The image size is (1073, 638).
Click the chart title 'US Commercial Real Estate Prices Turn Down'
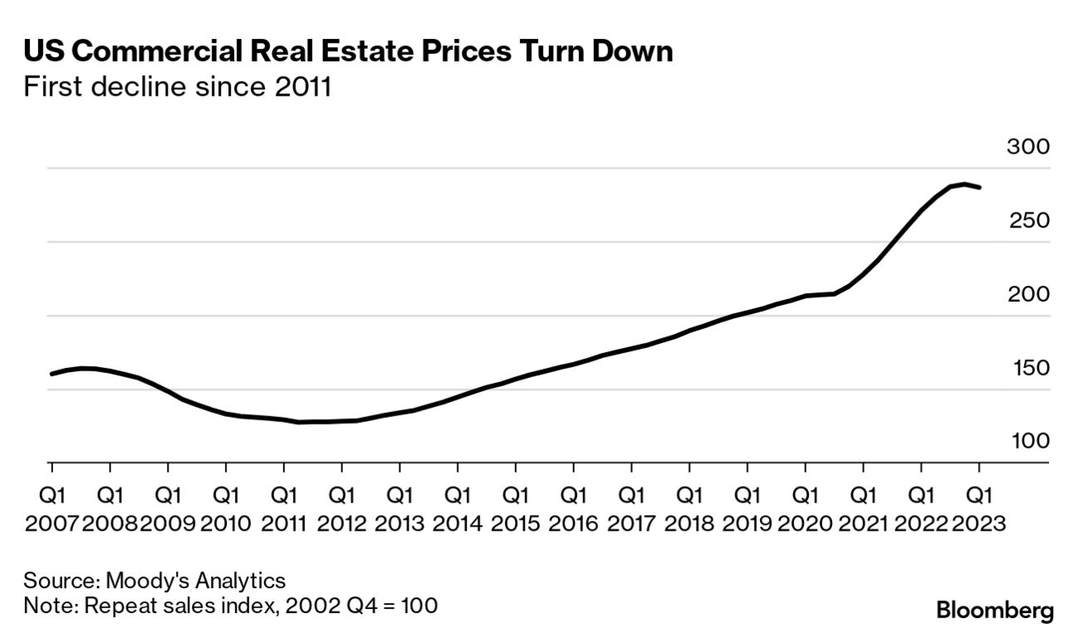click(x=348, y=52)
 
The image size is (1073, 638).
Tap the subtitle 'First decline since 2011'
click(x=178, y=87)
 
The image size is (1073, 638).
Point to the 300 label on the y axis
click(x=1027, y=148)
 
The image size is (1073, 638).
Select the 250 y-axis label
click(x=1027, y=221)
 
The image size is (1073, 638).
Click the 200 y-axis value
click(x=1027, y=295)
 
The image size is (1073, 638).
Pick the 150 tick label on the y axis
click(x=1027, y=369)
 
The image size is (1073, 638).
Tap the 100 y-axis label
click(x=1027, y=442)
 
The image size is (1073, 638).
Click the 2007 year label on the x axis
click(x=51, y=524)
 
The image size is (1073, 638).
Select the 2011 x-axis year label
click(x=283, y=524)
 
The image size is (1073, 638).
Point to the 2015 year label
click(x=515, y=524)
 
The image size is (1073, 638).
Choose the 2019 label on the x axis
click(x=747, y=524)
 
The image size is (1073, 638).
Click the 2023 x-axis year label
click(x=979, y=524)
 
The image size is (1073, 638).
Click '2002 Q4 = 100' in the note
click(x=361, y=606)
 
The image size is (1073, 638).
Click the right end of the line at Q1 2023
click(x=980, y=187)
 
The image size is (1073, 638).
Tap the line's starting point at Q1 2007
click(x=51, y=374)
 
